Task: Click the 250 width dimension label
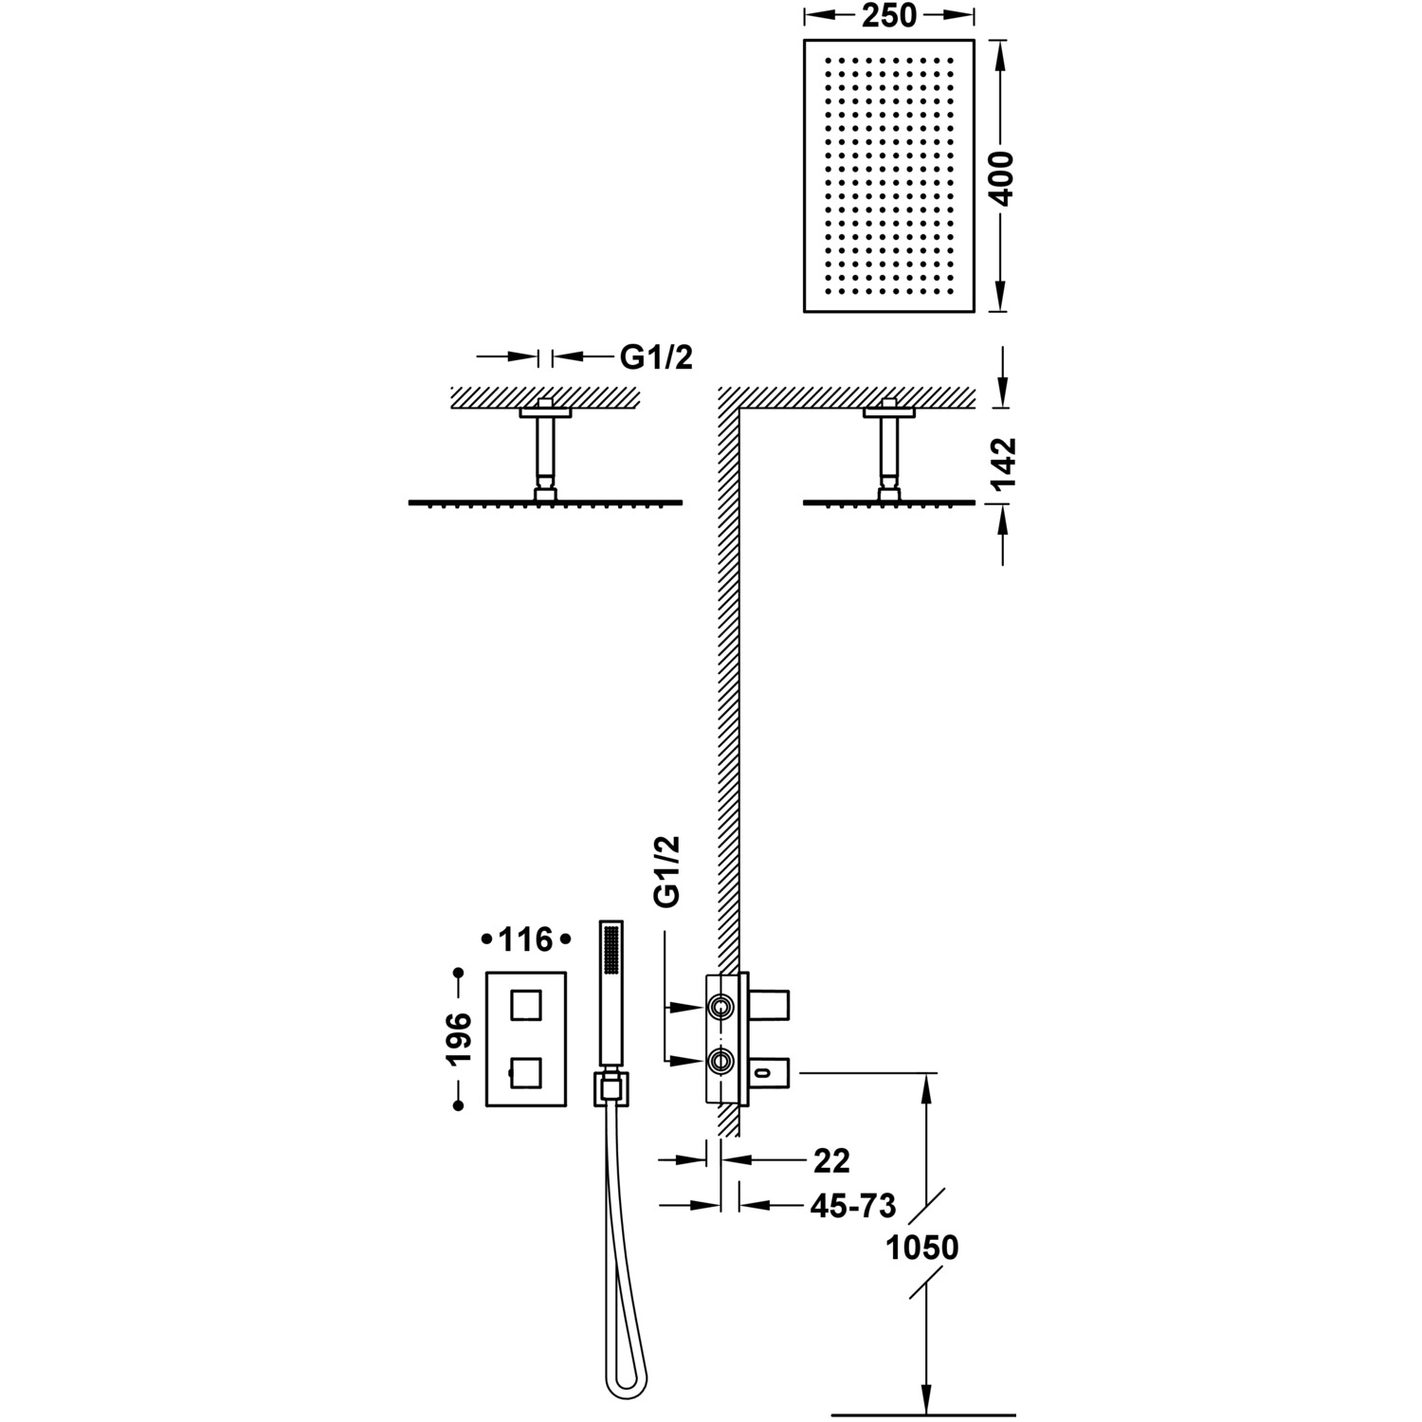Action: coord(890,16)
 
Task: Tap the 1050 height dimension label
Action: coord(921,1248)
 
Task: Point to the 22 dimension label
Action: coord(831,1160)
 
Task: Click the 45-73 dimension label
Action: coord(853,1206)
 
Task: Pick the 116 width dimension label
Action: coord(525,939)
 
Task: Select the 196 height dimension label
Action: coord(460,1040)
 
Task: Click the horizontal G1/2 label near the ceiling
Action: coord(656,357)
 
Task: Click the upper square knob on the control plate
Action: coord(527,1003)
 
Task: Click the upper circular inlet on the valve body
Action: coord(721,1006)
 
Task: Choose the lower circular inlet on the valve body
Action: coord(721,1062)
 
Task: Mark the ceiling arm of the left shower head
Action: coord(545,451)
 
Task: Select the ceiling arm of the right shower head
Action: coord(888,451)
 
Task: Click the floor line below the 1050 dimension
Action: coord(923,1415)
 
